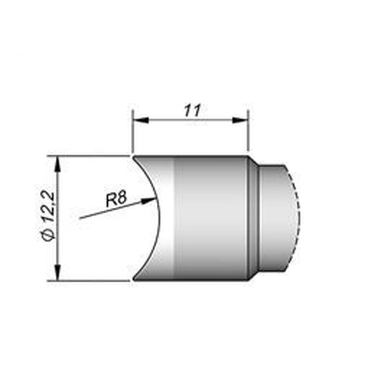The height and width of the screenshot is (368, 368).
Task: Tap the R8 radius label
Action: click(116, 199)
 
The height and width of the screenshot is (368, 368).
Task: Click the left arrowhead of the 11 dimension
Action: click(141, 120)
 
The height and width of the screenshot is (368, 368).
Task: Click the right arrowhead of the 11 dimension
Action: click(240, 120)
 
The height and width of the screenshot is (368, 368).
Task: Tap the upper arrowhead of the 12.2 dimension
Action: click(57, 164)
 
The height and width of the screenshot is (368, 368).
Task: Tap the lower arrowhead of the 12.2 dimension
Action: click(57, 272)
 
